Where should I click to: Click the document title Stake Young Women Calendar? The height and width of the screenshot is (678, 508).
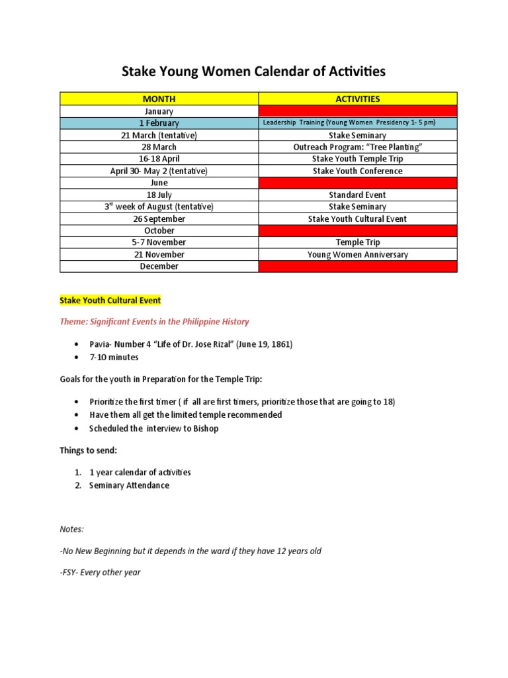tap(253, 72)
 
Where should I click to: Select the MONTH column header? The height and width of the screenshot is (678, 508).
tap(159, 99)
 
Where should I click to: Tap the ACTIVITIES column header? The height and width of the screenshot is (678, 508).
tap(357, 99)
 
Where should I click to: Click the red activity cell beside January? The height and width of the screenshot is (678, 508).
tap(357, 111)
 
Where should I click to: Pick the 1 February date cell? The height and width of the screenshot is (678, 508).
tap(159, 123)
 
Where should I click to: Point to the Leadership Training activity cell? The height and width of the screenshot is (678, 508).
tap(357, 123)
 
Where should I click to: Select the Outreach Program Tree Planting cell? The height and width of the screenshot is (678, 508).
tap(357, 147)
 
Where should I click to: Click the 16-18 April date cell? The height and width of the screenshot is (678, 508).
tap(159, 159)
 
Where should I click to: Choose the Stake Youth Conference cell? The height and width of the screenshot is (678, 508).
tap(357, 171)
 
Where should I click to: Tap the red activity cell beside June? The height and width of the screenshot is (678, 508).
tap(357, 183)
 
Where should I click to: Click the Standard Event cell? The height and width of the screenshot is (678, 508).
tap(357, 195)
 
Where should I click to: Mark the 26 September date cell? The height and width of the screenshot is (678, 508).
tap(159, 218)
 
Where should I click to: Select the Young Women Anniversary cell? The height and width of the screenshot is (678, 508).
tap(357, 254)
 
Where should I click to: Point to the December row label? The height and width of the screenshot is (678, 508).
tap(159, 266)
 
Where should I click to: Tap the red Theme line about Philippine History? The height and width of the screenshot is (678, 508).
tap(155, 322)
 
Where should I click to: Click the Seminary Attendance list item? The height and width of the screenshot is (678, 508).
tap(129, 485)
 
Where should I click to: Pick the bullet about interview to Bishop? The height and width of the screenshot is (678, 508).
tap(153, 428)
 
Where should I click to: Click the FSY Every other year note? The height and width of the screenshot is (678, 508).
tap(100, 572)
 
